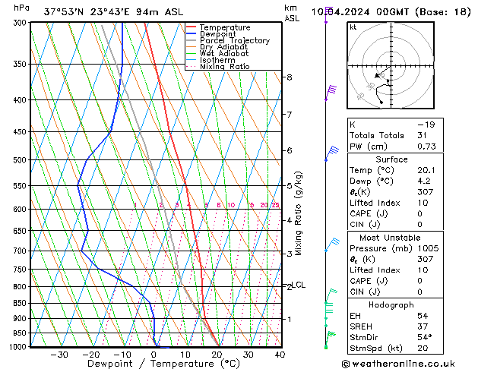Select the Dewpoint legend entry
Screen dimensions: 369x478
(220, 34)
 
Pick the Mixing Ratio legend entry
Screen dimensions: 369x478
(225, 67)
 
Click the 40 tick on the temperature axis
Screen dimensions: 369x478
(280, 355)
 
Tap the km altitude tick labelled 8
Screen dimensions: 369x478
(289, 77)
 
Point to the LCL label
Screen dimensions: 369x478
(299, 285)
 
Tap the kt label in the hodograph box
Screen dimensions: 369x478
(353, 27)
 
